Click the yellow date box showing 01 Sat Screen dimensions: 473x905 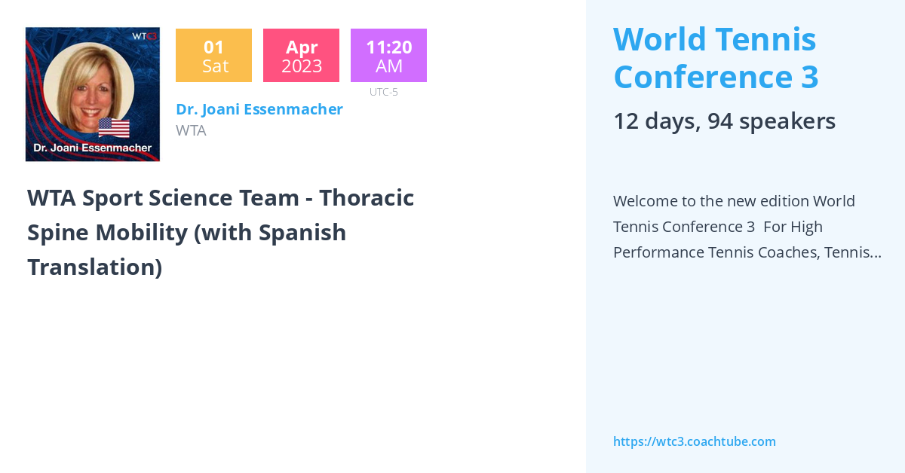(213, 56)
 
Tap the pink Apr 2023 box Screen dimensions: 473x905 (301, 56)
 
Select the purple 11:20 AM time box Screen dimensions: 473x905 (388, 56)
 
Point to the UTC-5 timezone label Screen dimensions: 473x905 (384, 92)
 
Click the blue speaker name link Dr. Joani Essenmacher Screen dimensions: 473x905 (259, 109)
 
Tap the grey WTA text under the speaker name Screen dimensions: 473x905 (191, 130)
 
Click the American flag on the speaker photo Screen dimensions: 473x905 (114, 127)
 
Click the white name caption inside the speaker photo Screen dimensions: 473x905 (93, 148)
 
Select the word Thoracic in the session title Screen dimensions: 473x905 (367, 198)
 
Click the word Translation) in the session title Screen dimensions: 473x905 (95, 267)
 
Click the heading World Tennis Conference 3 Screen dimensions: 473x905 (715, 58)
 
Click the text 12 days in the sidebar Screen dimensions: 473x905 (652, 121)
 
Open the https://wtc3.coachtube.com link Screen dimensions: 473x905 (694, 441)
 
